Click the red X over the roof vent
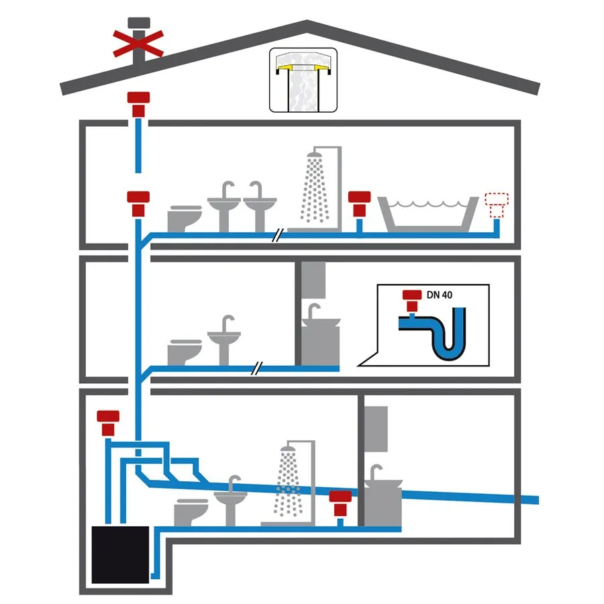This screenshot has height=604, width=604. click(x=138, y=44)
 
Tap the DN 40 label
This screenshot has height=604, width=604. click(x=439, y=295)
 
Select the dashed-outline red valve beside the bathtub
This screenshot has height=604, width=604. click(x=497, y=205)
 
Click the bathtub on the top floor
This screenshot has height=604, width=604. click(x=428, y=214)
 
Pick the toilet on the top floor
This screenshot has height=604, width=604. click(x=185, y=219)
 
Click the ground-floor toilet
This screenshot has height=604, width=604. click(x=191, y=512)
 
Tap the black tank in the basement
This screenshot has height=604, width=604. click(x=120, y=555)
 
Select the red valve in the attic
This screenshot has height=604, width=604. click(x=138, y=105)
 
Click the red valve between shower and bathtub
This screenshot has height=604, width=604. click(x=360, y=204)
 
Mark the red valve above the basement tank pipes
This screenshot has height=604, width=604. click(x=108, y=423)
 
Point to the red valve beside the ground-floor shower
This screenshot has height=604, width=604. click(x=340, y=503)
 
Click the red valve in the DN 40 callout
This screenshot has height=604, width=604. click(x=412, y=301)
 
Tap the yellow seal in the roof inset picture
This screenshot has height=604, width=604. click(x=303, y=68)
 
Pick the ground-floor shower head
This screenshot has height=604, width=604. click(x=288, y=449)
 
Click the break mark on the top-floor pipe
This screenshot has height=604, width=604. click(x=278, y=235)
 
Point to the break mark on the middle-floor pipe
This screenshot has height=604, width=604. click(x=257, y=368)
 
